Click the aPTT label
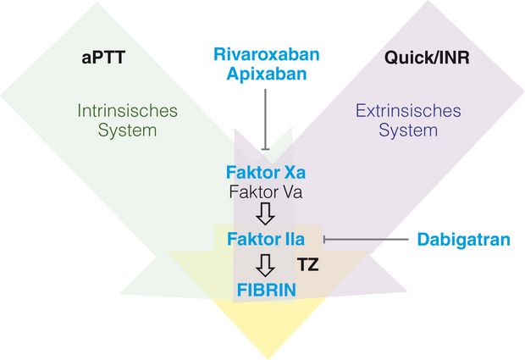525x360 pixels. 103,58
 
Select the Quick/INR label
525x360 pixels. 427,58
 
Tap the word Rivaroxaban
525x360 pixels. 267,54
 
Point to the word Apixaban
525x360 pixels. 267,74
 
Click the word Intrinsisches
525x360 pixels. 127,110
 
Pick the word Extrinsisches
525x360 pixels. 408,110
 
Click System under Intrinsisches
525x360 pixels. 127,130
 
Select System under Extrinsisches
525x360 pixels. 408,130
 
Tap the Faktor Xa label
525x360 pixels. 266,173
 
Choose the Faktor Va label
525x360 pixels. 266,192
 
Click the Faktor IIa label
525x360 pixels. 266,239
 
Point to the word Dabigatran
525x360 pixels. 464,240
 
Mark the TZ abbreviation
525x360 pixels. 307,265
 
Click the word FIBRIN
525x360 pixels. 267,290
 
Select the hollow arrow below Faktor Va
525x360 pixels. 266,213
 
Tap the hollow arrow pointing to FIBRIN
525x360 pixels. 266,266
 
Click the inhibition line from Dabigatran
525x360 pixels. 366,240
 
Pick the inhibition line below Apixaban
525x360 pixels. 266,119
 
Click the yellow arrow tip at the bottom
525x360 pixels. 268,358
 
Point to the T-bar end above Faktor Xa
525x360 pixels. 266,149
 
